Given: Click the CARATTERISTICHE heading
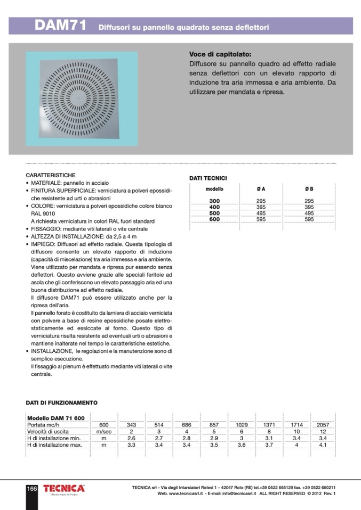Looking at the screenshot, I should [x=51, y=175].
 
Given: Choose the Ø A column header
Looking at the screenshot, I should [x=261, y=189].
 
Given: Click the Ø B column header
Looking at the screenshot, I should [x=309, y=189].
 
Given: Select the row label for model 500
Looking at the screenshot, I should [x=214, y=213].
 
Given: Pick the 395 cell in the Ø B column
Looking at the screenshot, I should [x=309, y=207].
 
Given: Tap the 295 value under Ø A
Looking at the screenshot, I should [x=261, y=201].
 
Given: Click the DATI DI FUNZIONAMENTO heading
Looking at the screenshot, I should [x=61, y=403].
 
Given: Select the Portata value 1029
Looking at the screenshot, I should [x=242, y=425].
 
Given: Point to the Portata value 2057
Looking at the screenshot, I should [x=323, y=425].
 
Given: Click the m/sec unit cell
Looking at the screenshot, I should [x=103, y=432].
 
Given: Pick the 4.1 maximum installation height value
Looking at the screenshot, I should [x=323, y=445].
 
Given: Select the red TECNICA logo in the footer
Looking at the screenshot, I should [x=64, y=488].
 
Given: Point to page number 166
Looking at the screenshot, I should [x=32, y=488].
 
